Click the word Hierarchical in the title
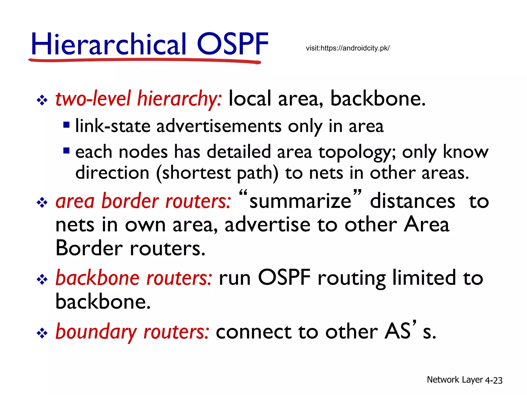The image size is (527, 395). pyautogui.click(x=108, y=44)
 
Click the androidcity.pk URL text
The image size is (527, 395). pyautogui.click(x=348, y=48)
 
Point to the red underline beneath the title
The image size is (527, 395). pyautogui.click(x=144, y=61)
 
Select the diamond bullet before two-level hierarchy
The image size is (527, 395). pyautogui.click(x=42, y=100)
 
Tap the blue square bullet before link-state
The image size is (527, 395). pyautogui.click(x=66, y=125)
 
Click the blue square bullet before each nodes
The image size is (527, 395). pyautogui.click(x=66, y=150)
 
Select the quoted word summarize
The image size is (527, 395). pyautogui.click(x=300, y=201)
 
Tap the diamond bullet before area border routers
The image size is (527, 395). pyautogui.click(x=42, y=203)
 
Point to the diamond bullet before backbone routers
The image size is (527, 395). pyautogui.click(x=42, y=280)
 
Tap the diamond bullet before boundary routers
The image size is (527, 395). pyautogui.click(x=42, y=334)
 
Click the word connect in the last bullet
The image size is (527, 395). pyautogui.click(x=253, y=332)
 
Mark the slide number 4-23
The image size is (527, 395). pyautogui.click(x=494, y=380)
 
